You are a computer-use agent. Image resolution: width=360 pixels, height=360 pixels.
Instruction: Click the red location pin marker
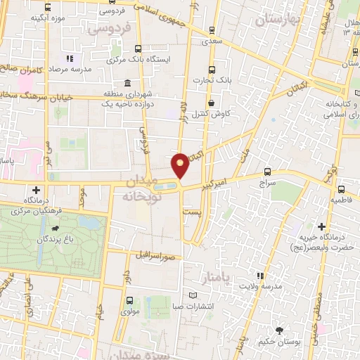point(180,165)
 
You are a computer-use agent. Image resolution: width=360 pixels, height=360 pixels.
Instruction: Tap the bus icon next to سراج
point(268,171)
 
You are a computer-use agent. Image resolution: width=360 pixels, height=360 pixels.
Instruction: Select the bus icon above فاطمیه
point(341,189)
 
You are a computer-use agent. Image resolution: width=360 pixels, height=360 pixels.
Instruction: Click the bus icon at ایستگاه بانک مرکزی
point(137,49)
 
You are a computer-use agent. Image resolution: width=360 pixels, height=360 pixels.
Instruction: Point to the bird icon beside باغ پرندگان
point(55,229)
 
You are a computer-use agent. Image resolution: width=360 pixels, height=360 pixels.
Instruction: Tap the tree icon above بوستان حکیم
point(280,330)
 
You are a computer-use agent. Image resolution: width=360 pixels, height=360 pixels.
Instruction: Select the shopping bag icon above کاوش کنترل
point(211,103)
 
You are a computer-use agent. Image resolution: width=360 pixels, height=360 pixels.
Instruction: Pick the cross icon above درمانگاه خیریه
point(321,226)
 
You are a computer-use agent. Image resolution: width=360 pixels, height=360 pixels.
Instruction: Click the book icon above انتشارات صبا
point(193,295)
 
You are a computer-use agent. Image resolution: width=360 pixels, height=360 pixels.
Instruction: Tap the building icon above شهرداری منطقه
point(127,83)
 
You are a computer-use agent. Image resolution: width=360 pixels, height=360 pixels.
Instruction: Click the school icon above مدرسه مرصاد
point(69,60)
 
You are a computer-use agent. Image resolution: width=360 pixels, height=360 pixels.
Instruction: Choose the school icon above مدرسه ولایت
point(259,276)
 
